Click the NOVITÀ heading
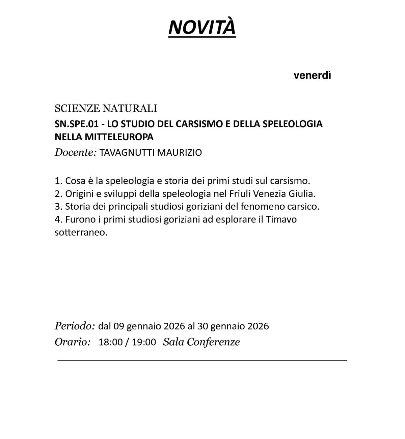(202, 27)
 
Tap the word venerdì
(312, 76)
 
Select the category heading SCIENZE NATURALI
(106, 109)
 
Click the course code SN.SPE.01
(77, 124)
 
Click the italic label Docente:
(76, 152)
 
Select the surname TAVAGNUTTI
(127, 153)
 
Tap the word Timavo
(281, 219)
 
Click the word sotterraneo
(81, 233)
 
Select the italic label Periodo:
(75, 326)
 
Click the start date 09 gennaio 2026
(149, 326)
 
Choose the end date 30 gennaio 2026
(233, 326)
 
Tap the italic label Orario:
(73, 342)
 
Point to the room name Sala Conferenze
(201, 342)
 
